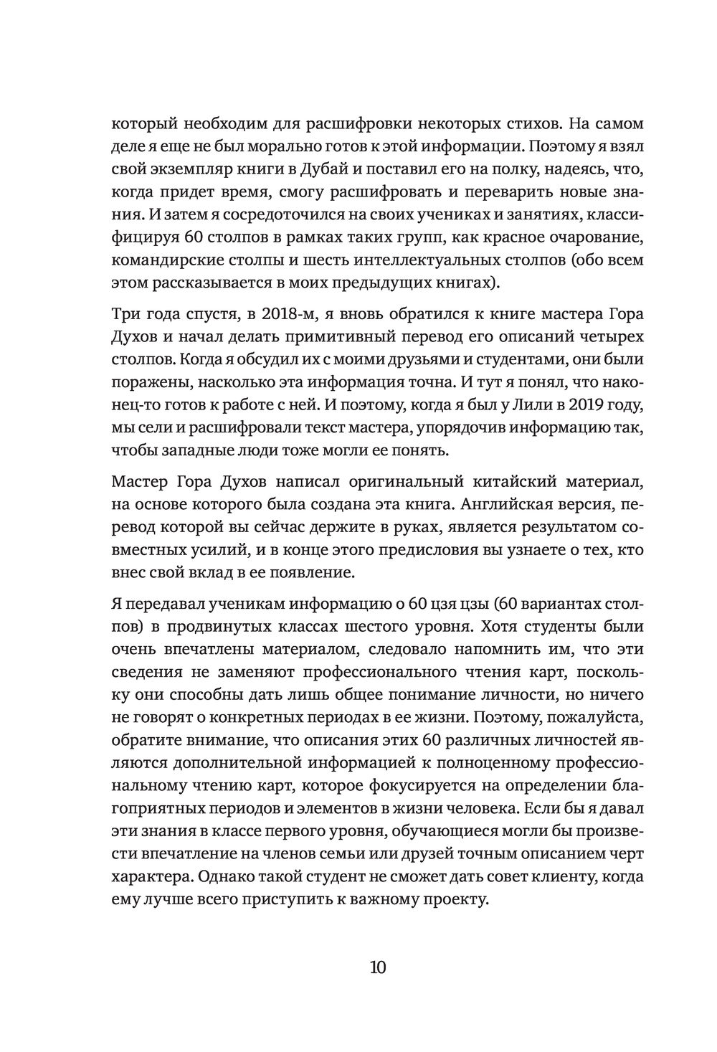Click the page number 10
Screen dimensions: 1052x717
(x=378, y=967)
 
